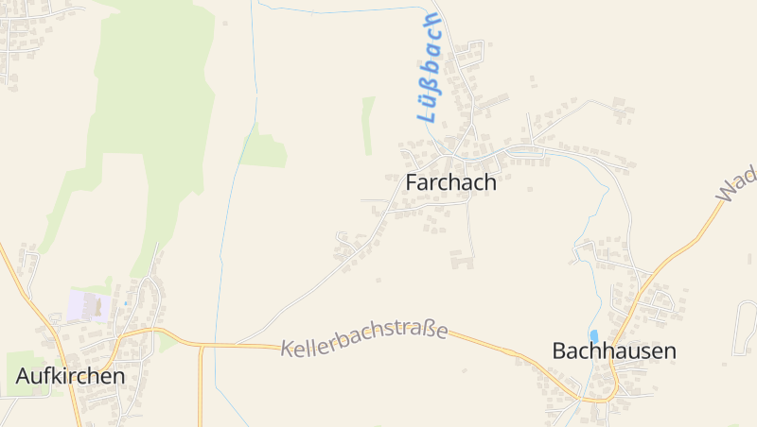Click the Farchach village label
pyautogui.click(x=450, y=182)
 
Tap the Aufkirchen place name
pyautogui.click(x=70, y=375)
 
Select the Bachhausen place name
pyautogui.click(x=614, y=350)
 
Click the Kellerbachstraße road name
pyautogui.click(x=364, y=336)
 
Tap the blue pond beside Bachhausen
pyautogui.click(x=593, y=335)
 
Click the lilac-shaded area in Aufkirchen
pyautogui.click(x=87, y=306)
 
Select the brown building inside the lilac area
pyautogui.click(x=94, y=305)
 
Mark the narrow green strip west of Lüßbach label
pyautogui.click(x=368, y=125)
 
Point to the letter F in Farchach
pyautogui.click(x=412, y=182)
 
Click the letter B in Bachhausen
pyautogui.click(x=559, y=350)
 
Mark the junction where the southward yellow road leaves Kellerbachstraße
pyautogui.click(x=201, y=347)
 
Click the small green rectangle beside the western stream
pyautogui.click(x=264, y=150)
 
